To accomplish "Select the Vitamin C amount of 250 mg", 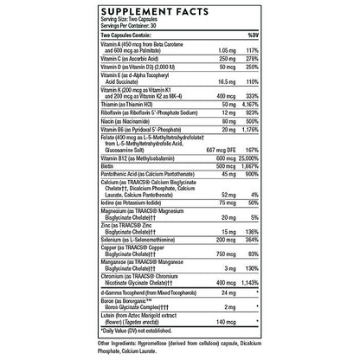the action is point(227,56).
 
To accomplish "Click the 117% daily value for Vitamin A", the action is point(253,48).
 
